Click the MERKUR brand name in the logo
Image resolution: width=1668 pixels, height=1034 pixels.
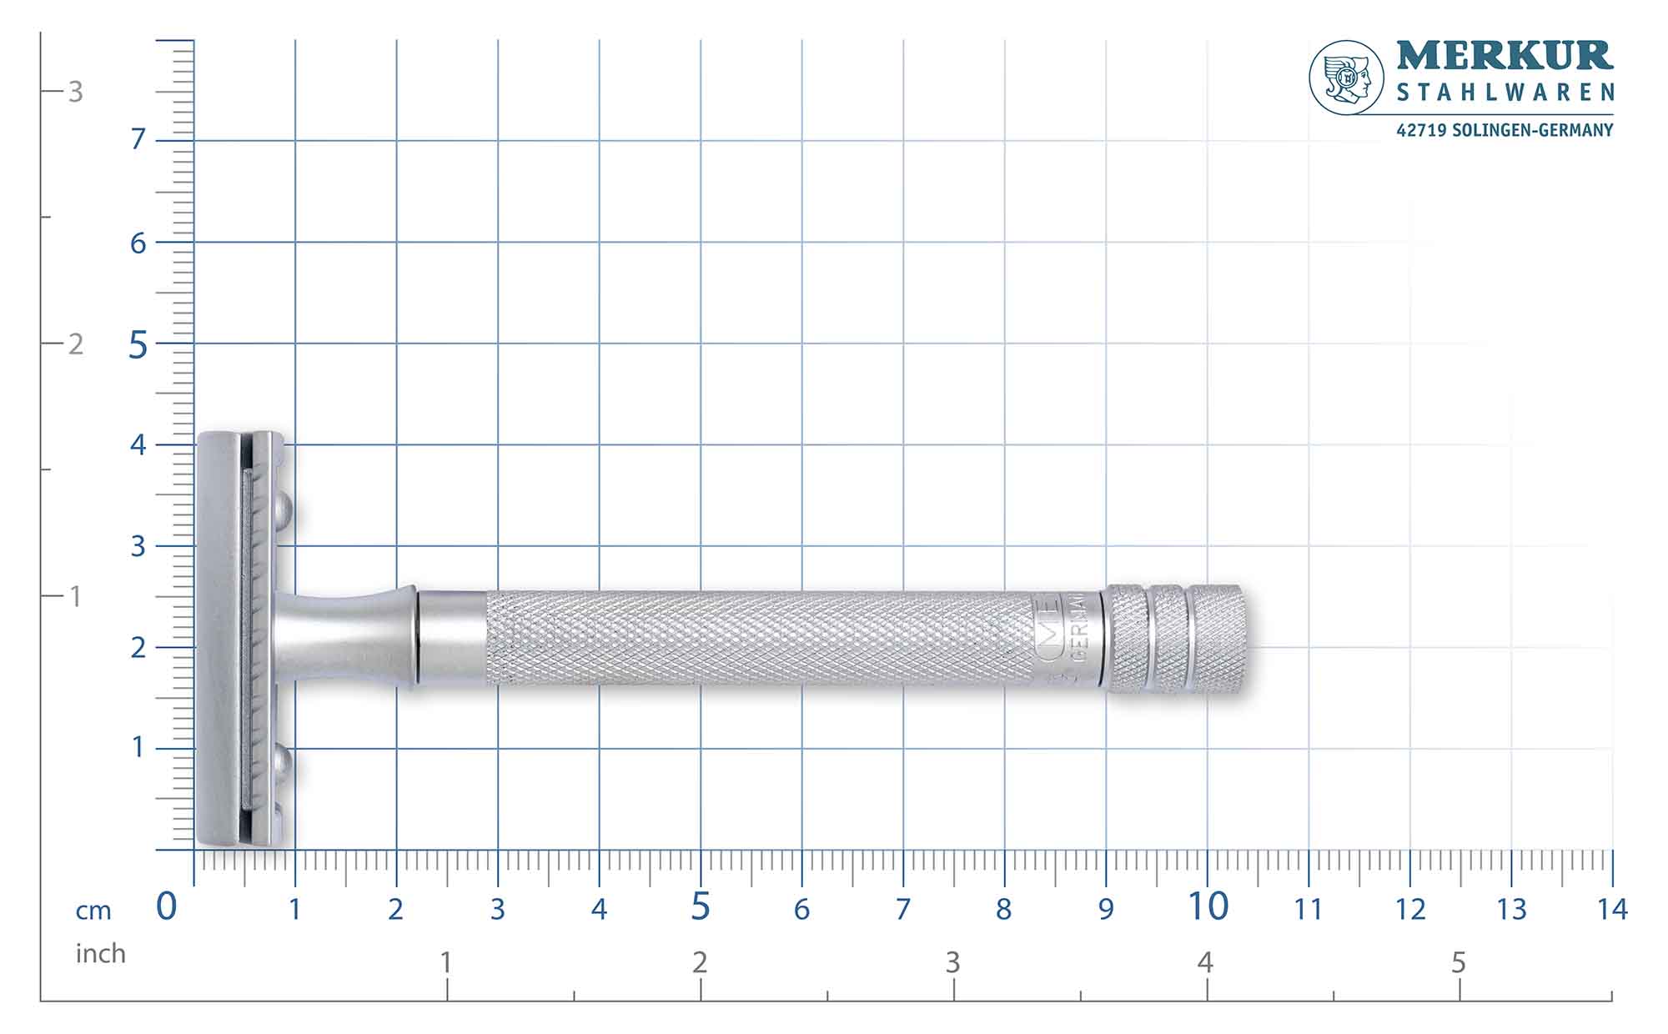tap(1505, 56)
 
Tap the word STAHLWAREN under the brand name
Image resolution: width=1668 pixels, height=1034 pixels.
tap(1505, 93)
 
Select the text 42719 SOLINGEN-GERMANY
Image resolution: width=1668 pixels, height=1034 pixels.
tap(1505, 130)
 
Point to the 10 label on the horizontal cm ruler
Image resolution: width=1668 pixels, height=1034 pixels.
tap(1207, 906)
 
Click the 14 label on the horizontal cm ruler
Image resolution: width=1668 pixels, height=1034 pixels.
tap(1612, 909)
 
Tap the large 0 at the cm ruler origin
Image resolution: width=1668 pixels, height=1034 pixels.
tap(167, 906)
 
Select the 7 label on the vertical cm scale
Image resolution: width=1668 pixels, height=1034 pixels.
tap(138, 139)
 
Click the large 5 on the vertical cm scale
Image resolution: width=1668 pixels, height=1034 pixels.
tap(138, 344)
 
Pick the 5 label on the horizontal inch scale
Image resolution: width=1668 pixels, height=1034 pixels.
tap(1458, 963)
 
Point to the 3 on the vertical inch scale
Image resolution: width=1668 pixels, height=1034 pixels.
tap(75, 92)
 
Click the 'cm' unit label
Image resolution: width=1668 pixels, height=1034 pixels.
tap(93, 911)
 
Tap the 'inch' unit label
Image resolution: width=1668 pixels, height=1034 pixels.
tap(100, 953)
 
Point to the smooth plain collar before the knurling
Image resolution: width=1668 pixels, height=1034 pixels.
tap(452, 638)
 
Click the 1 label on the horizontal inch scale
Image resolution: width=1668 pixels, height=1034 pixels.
tap(446, 962)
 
